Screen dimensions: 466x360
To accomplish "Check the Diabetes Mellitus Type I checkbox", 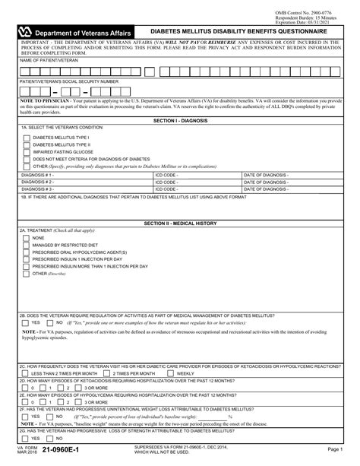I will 27,136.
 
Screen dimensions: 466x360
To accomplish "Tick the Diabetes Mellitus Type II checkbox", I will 27,144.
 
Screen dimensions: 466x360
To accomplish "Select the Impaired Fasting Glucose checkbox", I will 27,152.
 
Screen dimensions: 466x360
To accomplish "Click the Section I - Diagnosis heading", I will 180,120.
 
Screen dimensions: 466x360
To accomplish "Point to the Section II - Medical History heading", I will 180,223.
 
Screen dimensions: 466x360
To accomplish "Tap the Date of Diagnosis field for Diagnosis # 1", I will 296,174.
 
